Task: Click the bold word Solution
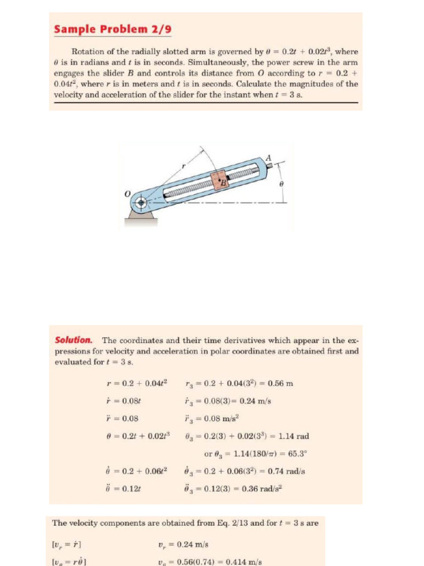(x=73, y=340)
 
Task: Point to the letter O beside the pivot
(x=127, y=195)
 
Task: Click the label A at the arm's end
(x=269, y=158)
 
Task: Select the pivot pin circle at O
(x=141, y=203)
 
